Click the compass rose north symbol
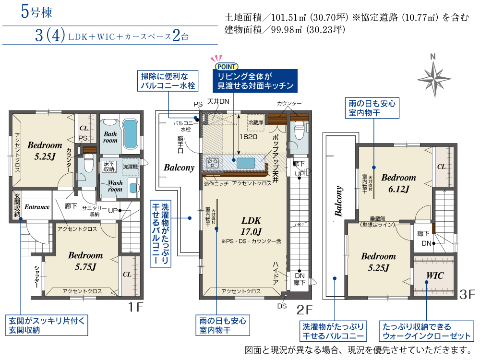(x=434, y=79)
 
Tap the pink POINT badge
(x=227, y=66)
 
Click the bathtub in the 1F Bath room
(x=131, y=134)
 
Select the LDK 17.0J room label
(x=252, y=226)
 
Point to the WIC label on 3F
(x=435, y=276)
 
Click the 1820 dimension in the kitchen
(x=248, y=137)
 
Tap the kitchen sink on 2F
(x=245, y=163)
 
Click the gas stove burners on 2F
(x=212, y=163)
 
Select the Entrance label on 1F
(x=37, y=207)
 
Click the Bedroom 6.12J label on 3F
(x=398, y=183)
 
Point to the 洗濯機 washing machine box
(x=131, y=167)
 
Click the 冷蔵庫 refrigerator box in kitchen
(x=256, y=123)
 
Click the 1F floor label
(x=136, y=307)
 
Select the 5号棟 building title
(x=36, y=12)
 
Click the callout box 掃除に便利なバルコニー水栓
(x=168, y=81)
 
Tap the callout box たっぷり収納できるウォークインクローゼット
(x=426, y=331)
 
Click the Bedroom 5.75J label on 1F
(x=85, y=261)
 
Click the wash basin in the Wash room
(x=132, y=188)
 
